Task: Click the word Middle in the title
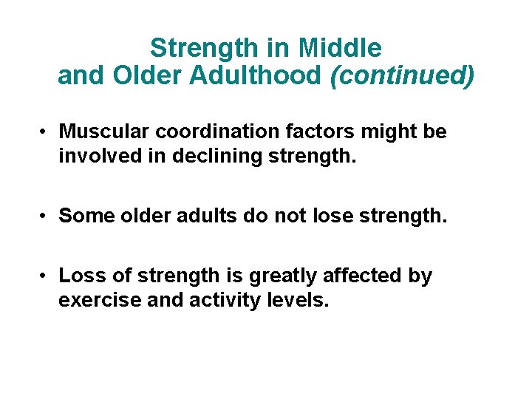click(341, 49)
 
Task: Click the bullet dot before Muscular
click(45, 132)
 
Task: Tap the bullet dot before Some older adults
click(45, 216)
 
